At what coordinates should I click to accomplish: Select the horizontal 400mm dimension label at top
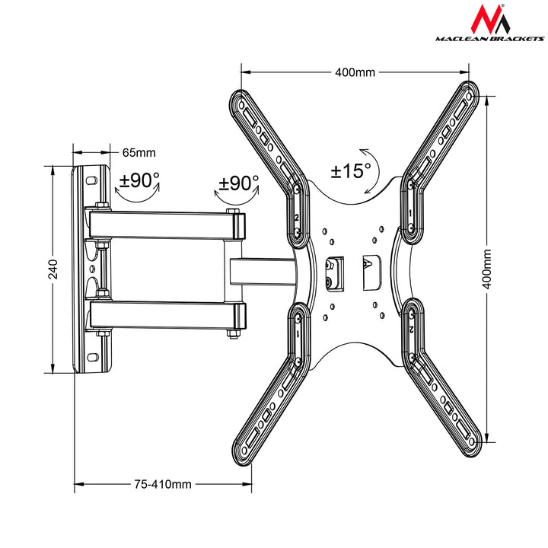pos(355,72)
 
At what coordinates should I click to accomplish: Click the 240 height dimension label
pos(53,269)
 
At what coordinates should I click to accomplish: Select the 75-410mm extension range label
pos(163,483)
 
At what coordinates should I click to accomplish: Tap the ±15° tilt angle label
pos(350,170)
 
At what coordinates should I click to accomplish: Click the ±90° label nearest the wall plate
pos(140,181)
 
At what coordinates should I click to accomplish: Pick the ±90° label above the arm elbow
pos(238,183)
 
